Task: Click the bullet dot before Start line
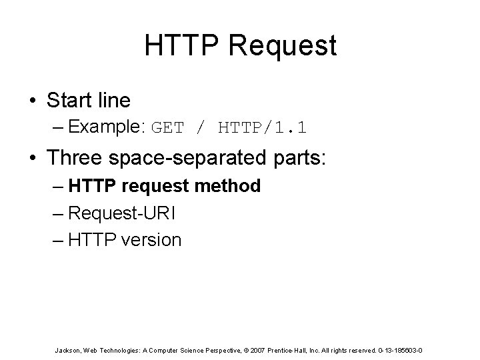tap(31, 101)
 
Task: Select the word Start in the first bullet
tap(69, 101)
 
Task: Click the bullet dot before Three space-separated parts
tap(31, 159)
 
